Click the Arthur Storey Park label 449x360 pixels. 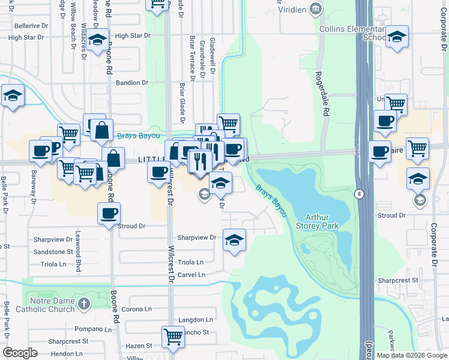pos(322,221)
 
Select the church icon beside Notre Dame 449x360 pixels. pos(84,303)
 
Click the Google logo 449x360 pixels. pos(20,352)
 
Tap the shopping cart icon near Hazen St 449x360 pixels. pos(173,337)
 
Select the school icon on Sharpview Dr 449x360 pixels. pos(233,240)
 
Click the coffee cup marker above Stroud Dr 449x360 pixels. pos(109,212)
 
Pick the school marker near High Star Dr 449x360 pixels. pos(97,40)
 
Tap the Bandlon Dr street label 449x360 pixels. pos(132,83)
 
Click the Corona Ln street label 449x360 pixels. pos(137,309)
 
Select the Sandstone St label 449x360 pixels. pos(53,252)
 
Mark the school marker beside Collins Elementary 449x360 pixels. pos(397,37)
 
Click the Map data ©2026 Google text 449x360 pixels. pos(411,355)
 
